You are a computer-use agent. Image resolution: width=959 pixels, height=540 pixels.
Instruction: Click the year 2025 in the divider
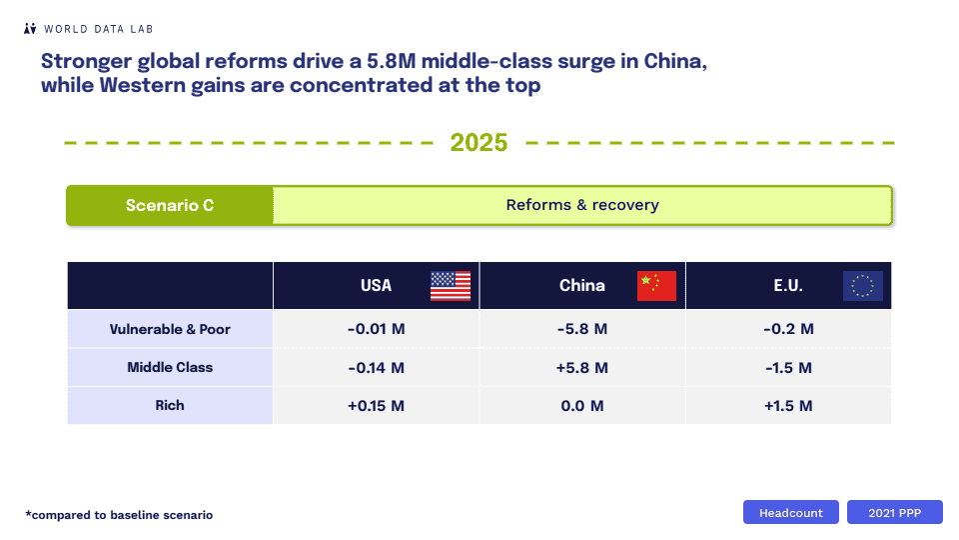479,142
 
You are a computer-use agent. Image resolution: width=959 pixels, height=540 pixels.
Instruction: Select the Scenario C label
170,205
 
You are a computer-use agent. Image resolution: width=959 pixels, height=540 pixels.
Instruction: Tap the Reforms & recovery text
582,205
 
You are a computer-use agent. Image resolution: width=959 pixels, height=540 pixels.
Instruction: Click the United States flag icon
450,286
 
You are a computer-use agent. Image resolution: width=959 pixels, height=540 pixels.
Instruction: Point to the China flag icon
656,286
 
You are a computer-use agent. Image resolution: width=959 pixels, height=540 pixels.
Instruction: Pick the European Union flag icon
862,286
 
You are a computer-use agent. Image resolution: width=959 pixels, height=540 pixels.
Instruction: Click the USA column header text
376,286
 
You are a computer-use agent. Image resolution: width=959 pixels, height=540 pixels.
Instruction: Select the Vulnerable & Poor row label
171,329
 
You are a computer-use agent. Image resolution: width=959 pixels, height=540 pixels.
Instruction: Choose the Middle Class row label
170,367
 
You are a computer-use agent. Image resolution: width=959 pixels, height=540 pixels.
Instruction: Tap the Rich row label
170,405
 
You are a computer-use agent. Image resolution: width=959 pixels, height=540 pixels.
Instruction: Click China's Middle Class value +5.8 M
582,368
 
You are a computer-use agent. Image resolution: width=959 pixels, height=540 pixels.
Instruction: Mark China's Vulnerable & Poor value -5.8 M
582,329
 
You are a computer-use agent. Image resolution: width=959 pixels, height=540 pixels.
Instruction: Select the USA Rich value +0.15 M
376,406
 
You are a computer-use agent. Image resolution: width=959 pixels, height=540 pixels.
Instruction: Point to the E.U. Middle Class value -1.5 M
788,368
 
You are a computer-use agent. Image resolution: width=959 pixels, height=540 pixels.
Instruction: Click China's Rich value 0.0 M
582,406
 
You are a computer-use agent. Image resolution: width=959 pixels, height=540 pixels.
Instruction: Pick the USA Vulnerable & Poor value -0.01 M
376,329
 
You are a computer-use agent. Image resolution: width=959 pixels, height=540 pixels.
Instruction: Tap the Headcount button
791,512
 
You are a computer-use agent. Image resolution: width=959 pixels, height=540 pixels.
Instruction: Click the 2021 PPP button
895,512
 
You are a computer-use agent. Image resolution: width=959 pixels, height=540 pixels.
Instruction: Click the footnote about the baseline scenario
119,515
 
